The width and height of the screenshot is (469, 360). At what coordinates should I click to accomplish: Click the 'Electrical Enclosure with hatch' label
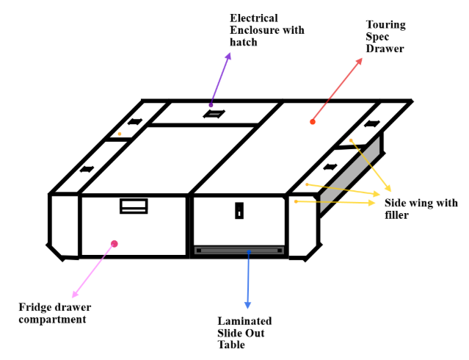[267, 30]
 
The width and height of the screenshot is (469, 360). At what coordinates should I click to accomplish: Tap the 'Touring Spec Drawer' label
[385, 36]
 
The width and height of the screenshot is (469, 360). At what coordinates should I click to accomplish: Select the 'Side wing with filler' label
[421, 209]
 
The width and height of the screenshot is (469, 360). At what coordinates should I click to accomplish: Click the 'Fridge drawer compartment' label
[55, 313]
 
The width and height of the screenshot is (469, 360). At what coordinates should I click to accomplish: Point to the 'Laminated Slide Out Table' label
[244, 332]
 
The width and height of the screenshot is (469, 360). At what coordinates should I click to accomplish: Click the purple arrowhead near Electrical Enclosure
[228, 56]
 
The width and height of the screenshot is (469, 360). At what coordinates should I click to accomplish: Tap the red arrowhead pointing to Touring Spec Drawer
[359, 61]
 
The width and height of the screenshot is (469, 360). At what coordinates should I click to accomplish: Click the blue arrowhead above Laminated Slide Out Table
[247, 305]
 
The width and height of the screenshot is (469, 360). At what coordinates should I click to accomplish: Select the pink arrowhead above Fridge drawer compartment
[75, 294]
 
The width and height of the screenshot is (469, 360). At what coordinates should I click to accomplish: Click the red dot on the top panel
[313, 122]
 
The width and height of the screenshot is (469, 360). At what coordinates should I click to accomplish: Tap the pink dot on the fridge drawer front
[114, 244]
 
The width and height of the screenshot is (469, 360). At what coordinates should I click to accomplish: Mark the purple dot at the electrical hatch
[211, 105]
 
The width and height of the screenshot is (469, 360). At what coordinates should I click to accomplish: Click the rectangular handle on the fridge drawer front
[134, 206]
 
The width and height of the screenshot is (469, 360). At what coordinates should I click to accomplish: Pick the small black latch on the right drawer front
[239, 211]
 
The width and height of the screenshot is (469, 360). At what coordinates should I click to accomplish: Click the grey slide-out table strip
[239, 251]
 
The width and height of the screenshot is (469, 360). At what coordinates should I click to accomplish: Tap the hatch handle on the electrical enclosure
[214, 114]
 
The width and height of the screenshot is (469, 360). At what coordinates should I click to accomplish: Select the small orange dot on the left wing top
[120, 134]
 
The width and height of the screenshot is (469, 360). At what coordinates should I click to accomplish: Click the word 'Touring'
[386, 24]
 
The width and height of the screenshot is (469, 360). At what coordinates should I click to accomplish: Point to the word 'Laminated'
[244, 321]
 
